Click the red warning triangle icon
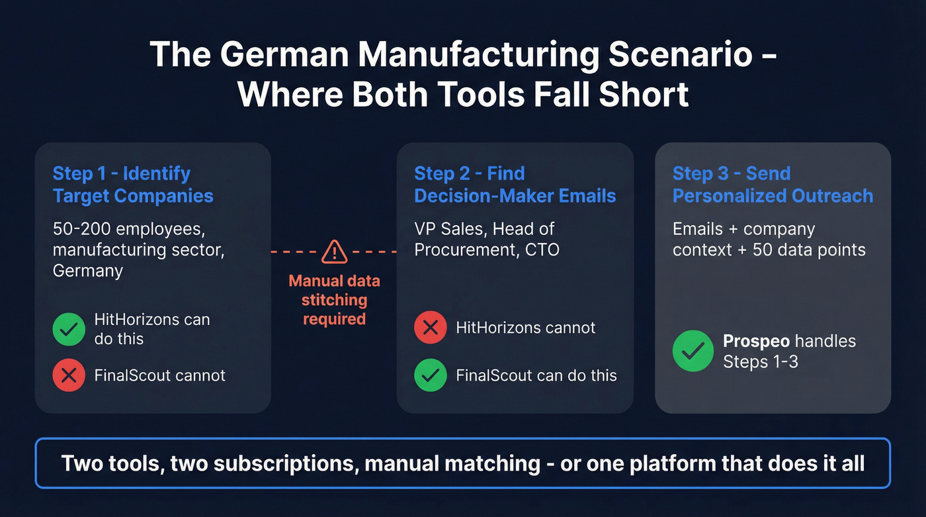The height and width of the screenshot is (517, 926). tap(335, 252)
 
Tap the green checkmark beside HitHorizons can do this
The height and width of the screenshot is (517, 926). tap(69, 329)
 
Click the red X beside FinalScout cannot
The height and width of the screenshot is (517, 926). tap(69, 375)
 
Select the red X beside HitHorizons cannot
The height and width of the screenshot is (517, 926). tap(431, 328)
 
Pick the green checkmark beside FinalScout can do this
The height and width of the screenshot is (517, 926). tap(431, 375)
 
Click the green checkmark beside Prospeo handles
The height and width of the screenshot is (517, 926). tap(693, 351)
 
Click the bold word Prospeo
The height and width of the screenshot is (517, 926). tap(757, 341)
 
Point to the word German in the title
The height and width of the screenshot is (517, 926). tap(284, 54)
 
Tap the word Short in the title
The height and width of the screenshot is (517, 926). tap(644, 94)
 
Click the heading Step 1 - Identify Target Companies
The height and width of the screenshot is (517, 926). tap(133, 185)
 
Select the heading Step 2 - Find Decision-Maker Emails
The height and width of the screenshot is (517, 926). tap(515, 185)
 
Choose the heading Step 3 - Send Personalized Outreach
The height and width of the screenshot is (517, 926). tap(773, 185)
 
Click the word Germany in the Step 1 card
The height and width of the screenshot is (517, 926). tap(87, 271)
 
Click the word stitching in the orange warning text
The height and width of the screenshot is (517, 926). tap(335, 301)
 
